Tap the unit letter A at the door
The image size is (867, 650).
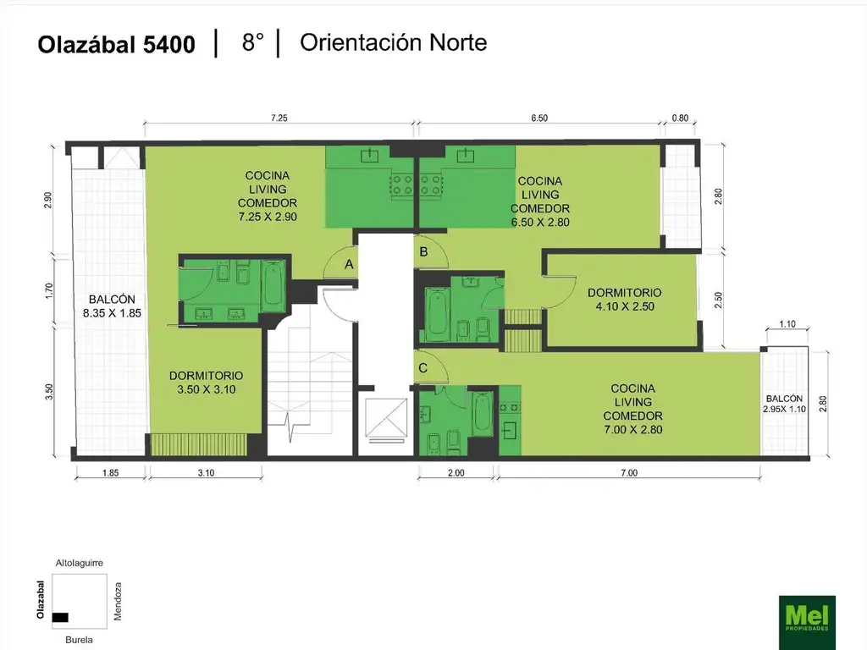(x=349, y=265)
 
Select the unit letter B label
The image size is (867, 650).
(x=423, y=252)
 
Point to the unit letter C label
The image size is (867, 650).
(x=423, y=368)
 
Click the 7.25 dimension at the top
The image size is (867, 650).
(x=279, y=118)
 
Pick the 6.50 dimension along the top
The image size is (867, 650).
(x=539, y=118)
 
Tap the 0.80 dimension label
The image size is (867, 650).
(x=680, y=118)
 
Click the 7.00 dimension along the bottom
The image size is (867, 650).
(x=629, y=472)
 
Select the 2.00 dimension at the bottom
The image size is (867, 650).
(x=456, y=472)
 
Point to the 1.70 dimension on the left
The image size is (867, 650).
(x=48, y=291)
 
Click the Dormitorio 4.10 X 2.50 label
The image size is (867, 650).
(x=625, y=300)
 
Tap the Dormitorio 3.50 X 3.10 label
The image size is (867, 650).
(x=207, y=383)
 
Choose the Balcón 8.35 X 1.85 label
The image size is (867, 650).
(x=113, y=306)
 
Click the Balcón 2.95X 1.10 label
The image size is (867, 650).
(x=785, y=404)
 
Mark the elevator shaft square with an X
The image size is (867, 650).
(x=386, y=418)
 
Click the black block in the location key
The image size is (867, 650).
(x=60, y=617)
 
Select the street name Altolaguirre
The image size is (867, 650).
(x=79, y=563)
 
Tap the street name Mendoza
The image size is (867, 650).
(x=117, y=602)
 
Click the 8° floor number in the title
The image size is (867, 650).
(x=252, y=42)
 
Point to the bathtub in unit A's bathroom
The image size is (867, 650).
(x=273, y=284)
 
